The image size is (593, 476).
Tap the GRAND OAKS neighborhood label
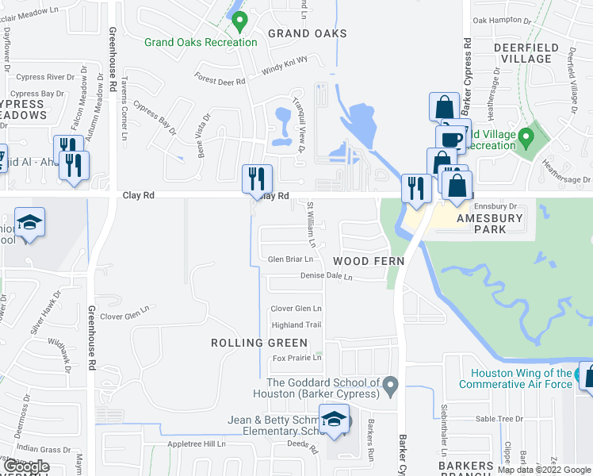click(308, 33)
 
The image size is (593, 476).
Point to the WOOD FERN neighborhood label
click(369, 261)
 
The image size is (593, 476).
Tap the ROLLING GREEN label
click(259, 343)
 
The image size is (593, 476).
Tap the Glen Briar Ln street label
click(291, 259)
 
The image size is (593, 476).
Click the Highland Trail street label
click(296, 325)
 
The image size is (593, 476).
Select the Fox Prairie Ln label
click(296, 358)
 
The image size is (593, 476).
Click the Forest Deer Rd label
click(221, 79)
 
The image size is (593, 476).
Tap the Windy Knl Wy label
click(284, 69)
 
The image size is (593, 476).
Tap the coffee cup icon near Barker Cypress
click(452, 138)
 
